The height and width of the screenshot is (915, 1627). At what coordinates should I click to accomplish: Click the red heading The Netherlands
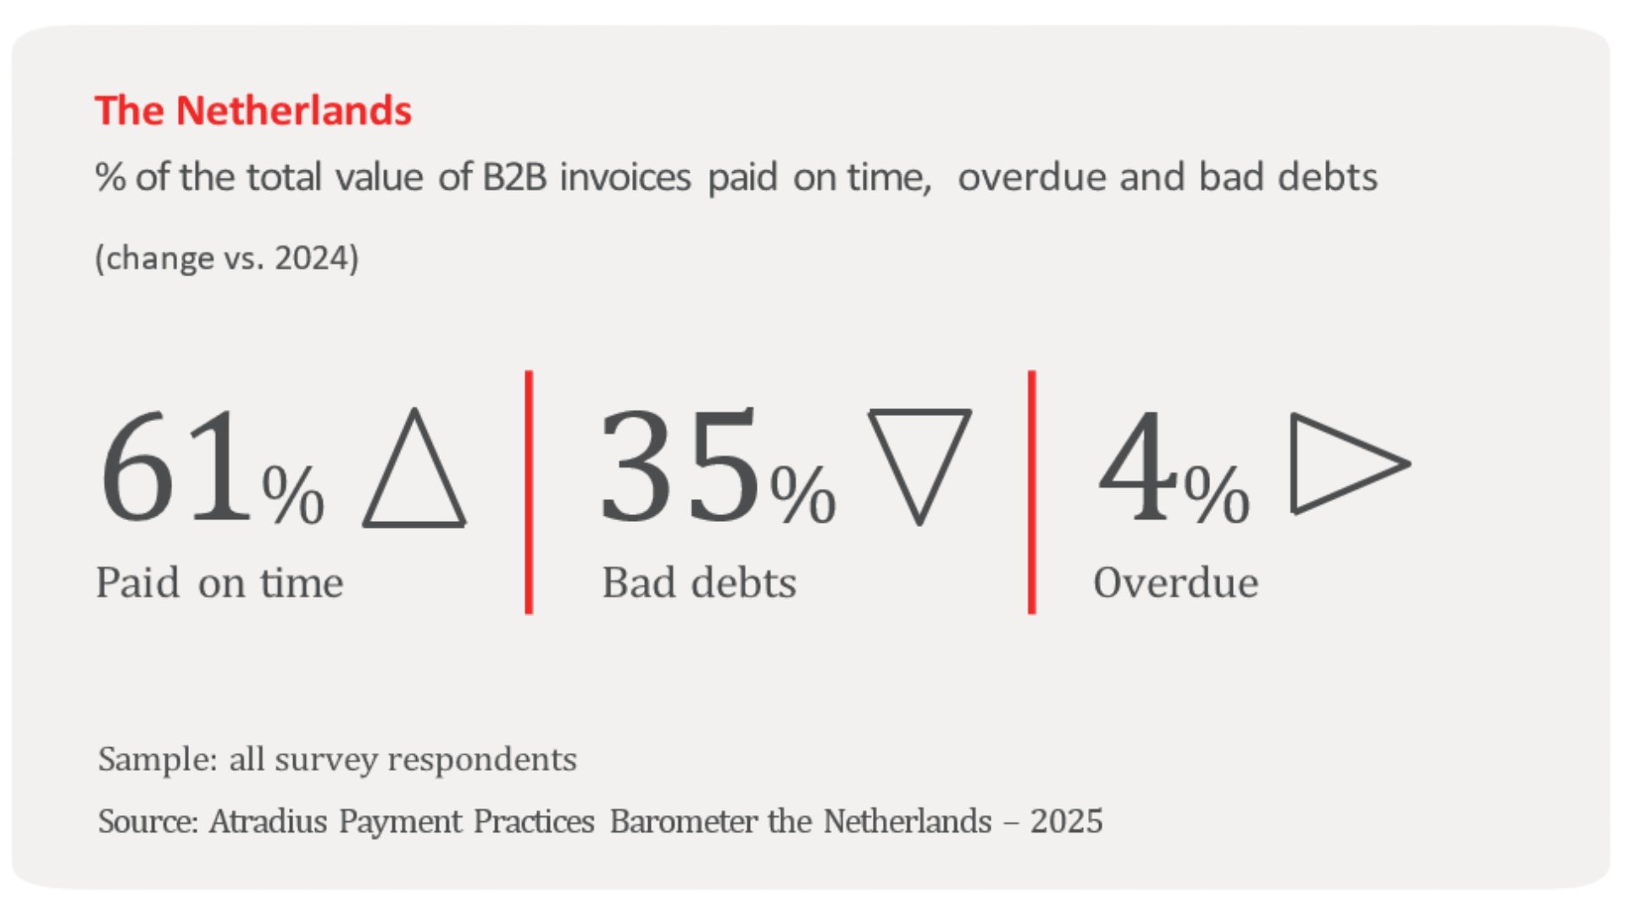253,111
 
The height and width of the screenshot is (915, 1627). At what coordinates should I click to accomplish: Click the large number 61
176,466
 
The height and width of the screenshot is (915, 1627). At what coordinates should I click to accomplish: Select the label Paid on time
219,583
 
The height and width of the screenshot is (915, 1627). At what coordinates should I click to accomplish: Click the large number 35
680,466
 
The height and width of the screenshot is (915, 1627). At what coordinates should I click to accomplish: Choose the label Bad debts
699,583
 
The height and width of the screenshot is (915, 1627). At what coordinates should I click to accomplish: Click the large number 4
1138,466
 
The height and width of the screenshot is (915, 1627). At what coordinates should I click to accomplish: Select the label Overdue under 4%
1175,583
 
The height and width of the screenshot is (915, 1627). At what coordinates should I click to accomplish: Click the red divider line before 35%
529,491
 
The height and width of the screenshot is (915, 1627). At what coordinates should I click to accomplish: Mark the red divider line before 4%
1031,491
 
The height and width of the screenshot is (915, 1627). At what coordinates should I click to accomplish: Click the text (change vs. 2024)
227,258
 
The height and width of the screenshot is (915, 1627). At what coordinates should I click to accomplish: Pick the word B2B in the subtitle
514,177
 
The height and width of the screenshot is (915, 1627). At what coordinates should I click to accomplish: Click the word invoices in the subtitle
625,177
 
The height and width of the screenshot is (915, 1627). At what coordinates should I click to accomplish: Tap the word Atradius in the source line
268,821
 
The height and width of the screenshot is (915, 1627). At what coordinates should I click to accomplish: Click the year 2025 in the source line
1066,821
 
